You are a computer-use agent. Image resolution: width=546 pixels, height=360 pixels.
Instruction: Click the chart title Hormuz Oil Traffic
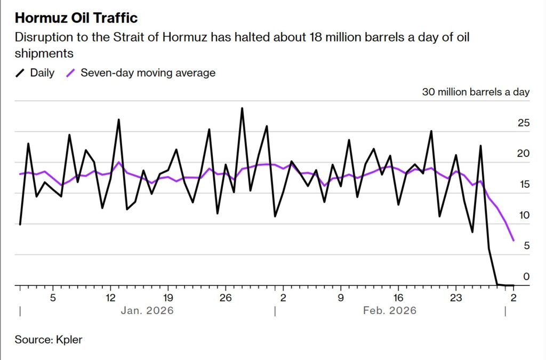coord(76,18)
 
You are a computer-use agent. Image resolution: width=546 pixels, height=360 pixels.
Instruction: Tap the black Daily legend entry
coord(36,73)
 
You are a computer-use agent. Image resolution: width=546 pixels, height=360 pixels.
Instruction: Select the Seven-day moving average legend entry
coord(141,73)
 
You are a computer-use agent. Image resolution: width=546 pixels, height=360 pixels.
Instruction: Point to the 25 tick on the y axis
coord(524,123)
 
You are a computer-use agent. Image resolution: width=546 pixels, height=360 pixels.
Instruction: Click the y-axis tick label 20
coord(524,154)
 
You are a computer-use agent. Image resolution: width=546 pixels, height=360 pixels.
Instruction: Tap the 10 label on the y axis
coord(524,215)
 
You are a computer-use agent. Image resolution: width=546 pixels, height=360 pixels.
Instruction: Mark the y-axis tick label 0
coord(526,276)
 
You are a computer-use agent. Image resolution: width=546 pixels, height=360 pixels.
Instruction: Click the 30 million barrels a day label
coord(476,92)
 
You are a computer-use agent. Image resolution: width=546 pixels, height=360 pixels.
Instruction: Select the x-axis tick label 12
coord(110,297)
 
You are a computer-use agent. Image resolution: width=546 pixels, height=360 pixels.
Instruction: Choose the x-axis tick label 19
coord(168,297)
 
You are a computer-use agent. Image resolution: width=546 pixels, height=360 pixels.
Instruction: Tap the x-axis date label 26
coord(226,297)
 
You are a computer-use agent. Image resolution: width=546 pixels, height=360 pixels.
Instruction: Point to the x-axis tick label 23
coord(456,297)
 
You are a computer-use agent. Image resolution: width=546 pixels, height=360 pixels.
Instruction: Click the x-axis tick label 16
coord(398,297)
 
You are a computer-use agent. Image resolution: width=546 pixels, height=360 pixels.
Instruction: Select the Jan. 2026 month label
coord(148,310)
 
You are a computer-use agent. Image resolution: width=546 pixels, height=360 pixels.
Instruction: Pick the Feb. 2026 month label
coord(390,310)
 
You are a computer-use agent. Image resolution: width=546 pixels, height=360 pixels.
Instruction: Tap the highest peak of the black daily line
coord(242,108)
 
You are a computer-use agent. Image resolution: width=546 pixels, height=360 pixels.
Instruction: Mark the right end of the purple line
coord(513,241)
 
